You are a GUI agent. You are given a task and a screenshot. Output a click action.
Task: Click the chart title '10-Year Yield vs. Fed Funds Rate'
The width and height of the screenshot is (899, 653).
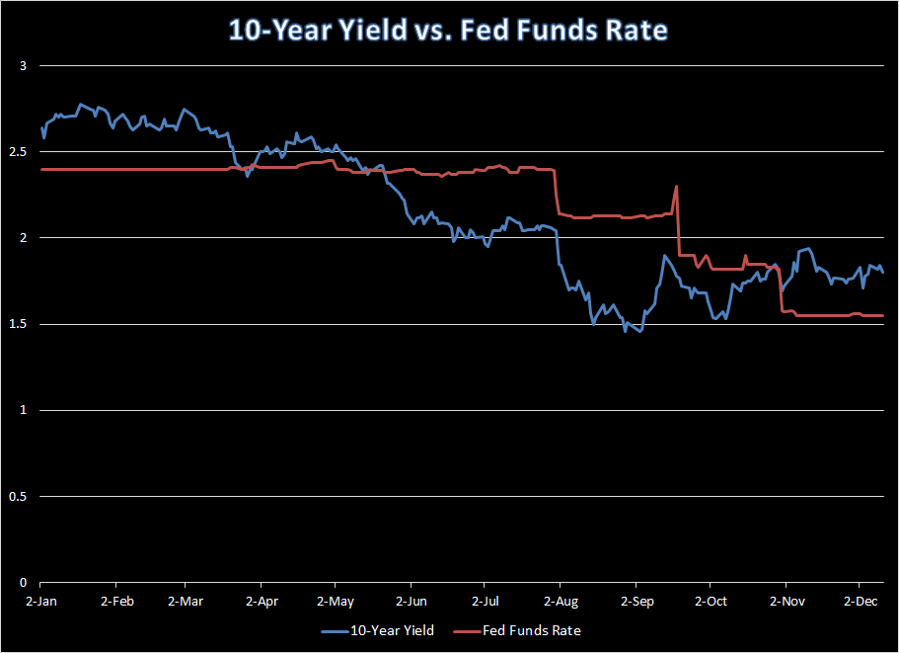449,30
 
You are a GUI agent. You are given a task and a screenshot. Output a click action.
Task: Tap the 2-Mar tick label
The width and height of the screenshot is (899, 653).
185,601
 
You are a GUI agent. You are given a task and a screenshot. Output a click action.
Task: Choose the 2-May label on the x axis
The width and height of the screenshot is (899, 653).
335,601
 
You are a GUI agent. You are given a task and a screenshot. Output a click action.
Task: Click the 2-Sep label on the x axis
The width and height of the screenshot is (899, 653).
636,601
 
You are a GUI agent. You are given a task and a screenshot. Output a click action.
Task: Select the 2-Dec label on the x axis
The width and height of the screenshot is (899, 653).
859,601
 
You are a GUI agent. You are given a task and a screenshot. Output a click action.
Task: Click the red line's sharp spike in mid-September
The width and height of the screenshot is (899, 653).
676,186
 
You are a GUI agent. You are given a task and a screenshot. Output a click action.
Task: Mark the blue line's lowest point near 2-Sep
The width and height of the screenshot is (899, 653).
639,331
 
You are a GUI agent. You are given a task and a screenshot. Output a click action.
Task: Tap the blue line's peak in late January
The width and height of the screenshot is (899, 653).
81,104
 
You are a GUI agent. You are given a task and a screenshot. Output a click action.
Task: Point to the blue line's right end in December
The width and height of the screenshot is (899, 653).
882,272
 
